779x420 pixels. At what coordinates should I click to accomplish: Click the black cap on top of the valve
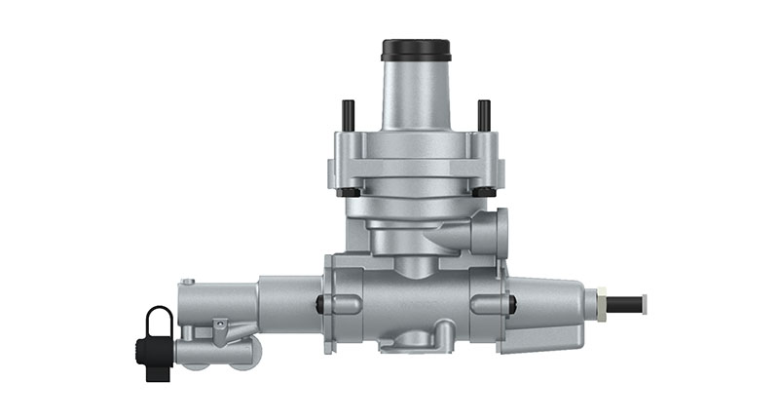pos(416,49)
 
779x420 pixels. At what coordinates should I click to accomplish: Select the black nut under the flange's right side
pos(483,191)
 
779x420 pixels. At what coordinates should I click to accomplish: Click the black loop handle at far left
pos(159,321)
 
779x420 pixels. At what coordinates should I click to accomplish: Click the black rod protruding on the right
pos(624,303)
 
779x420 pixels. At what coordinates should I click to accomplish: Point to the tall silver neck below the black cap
pos(416,93)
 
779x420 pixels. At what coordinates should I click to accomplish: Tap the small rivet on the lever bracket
pos(222,323)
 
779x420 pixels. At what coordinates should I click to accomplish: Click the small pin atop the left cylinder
pos(188,283)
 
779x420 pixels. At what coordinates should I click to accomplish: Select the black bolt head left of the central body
pos(319,304)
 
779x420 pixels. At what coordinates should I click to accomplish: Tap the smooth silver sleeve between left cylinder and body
pos(289,303)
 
